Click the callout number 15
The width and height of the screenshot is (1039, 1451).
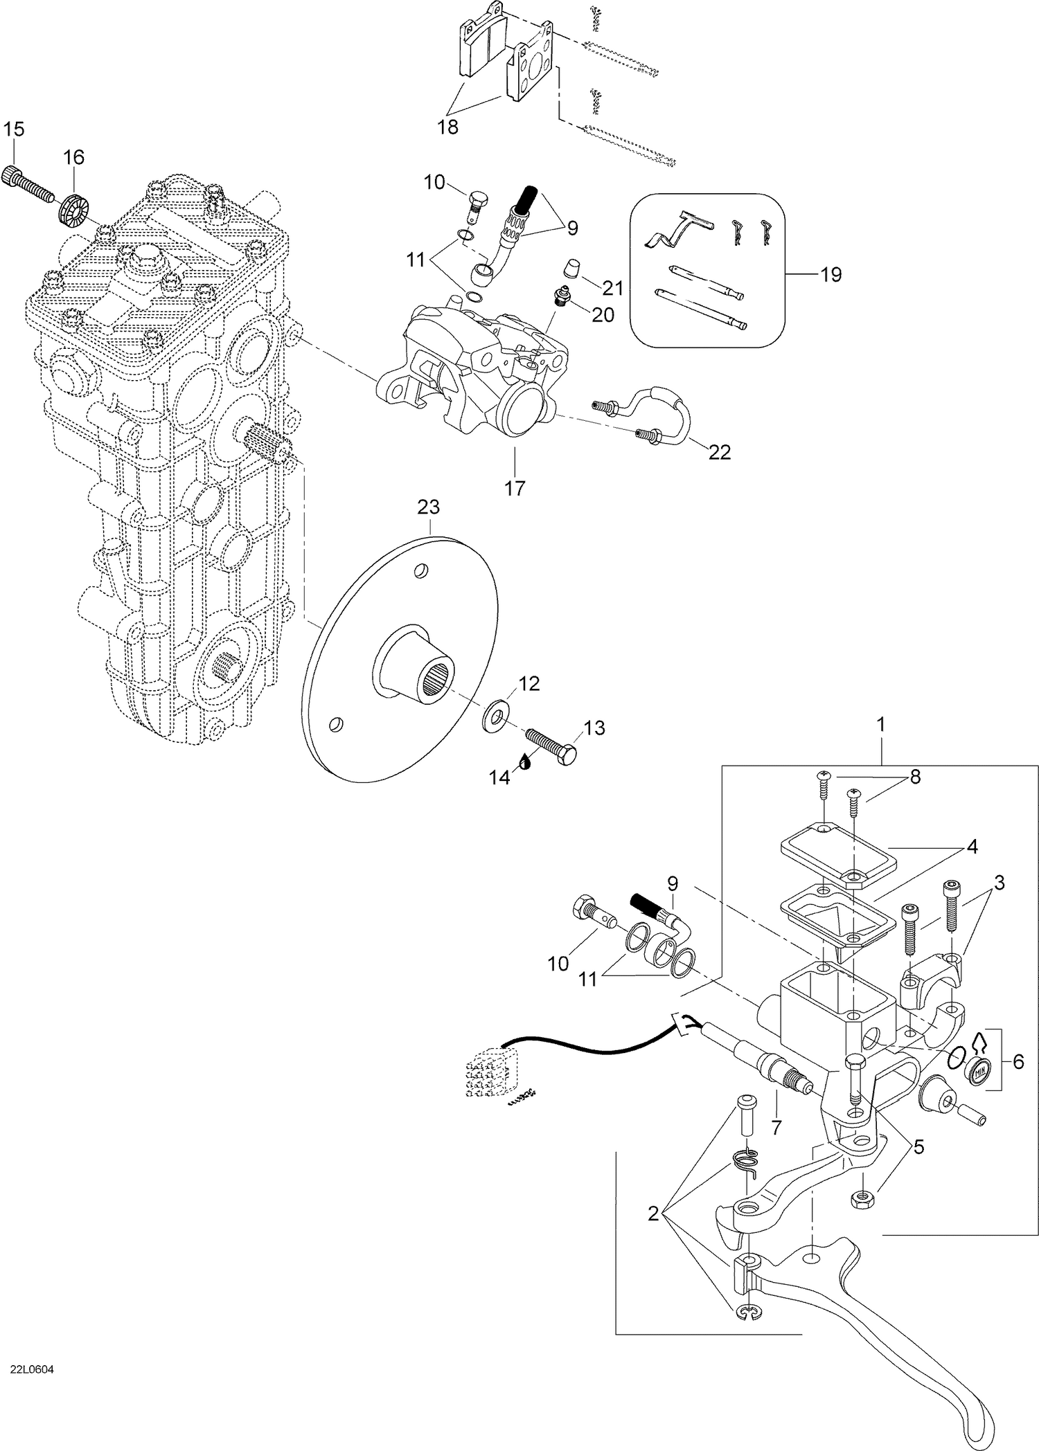click(13, 129)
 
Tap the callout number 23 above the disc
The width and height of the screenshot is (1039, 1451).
click(428, 507)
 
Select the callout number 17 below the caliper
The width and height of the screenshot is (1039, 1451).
click(515, 488)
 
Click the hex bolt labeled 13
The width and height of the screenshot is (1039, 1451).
click(551, 746)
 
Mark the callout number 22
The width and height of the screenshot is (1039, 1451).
click(720, 452)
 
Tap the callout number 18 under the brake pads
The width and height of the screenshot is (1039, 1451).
click(448, 128)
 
